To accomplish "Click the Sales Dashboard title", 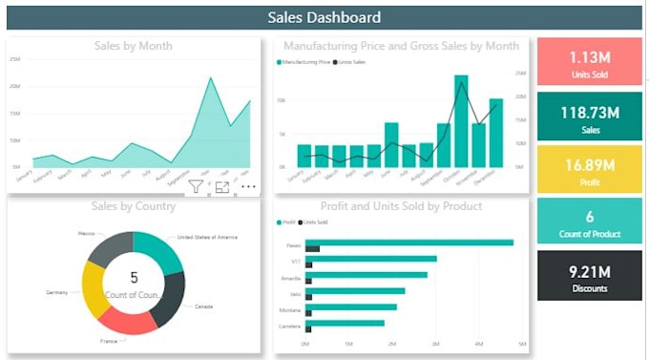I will pyautogui.click(x=324, y=17).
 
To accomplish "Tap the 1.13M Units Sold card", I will pyautogui.click(x=589, y=62).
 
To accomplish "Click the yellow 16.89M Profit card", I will pyautogui.click(x=589, y=169).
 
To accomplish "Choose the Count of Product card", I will pyautogui.click(x=589, y=222).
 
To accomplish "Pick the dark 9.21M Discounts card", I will pyautogui.click(x=589, y=277).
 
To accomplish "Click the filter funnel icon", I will pyautogui.click(x=196, y=187).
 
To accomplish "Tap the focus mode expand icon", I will pyautogui.click(x=221, y=187).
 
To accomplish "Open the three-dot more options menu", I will pyautogui.click(x=248, y=187).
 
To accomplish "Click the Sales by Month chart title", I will pyautogui.click(x=134, y=45).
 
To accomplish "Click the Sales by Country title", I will pyautogui.click(x=134, y=206).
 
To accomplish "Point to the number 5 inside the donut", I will pyautogui.click(x=134, y=278).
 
